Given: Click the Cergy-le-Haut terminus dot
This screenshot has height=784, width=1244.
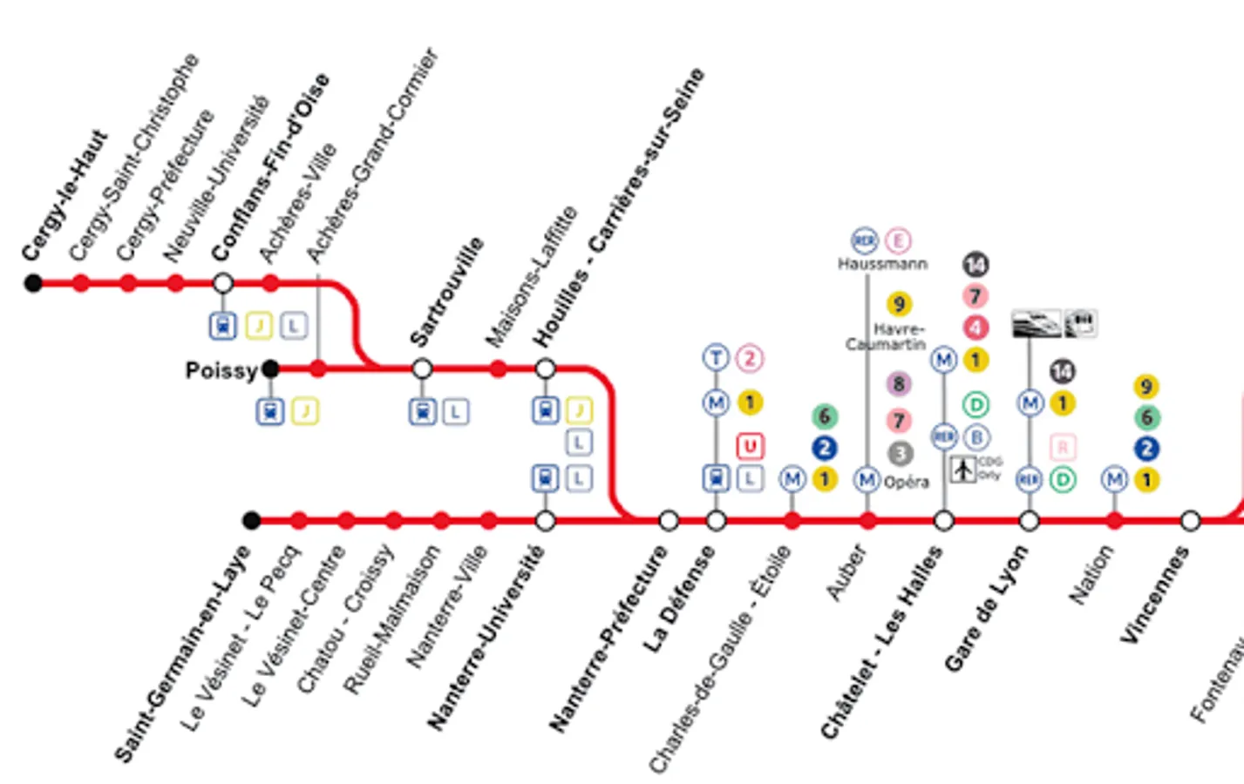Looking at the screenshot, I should click(33, 283).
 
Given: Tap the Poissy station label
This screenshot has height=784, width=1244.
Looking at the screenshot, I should click(221, 371).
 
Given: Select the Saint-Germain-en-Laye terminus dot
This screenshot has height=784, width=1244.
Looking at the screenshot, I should click(251, 521).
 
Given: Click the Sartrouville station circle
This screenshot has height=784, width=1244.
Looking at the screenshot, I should click(422, 369).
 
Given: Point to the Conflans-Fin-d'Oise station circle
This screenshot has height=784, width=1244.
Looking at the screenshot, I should click(223, 283).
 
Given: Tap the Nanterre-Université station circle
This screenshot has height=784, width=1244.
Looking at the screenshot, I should click(545, 521).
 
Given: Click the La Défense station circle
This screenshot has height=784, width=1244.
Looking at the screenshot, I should click(716, 521).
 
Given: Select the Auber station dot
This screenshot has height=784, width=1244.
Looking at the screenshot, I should click(867, 521).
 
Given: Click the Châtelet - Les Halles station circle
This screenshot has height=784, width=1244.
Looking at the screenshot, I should click(943, 521).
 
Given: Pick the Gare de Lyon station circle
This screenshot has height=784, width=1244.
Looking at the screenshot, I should click(1029, 521).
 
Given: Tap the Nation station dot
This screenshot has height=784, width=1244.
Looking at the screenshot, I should click(1114, 521).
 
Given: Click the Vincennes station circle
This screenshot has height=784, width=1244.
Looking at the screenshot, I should click(1190, 521).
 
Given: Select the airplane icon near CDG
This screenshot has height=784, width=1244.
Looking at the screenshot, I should click(962, 469).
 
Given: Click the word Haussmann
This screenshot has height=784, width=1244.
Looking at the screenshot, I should click(882, 264).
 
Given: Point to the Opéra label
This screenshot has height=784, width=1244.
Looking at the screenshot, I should click(907, 482).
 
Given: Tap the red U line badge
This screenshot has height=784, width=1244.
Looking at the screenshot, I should click(750, 447).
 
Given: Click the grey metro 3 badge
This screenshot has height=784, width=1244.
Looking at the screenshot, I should click(900, 453).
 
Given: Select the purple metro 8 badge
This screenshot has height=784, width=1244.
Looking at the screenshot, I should click(899, 384).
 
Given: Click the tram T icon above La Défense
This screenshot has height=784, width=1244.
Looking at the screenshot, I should click(716, 357).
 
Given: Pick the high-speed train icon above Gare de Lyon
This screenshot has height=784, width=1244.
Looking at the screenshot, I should click(1037, 323).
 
